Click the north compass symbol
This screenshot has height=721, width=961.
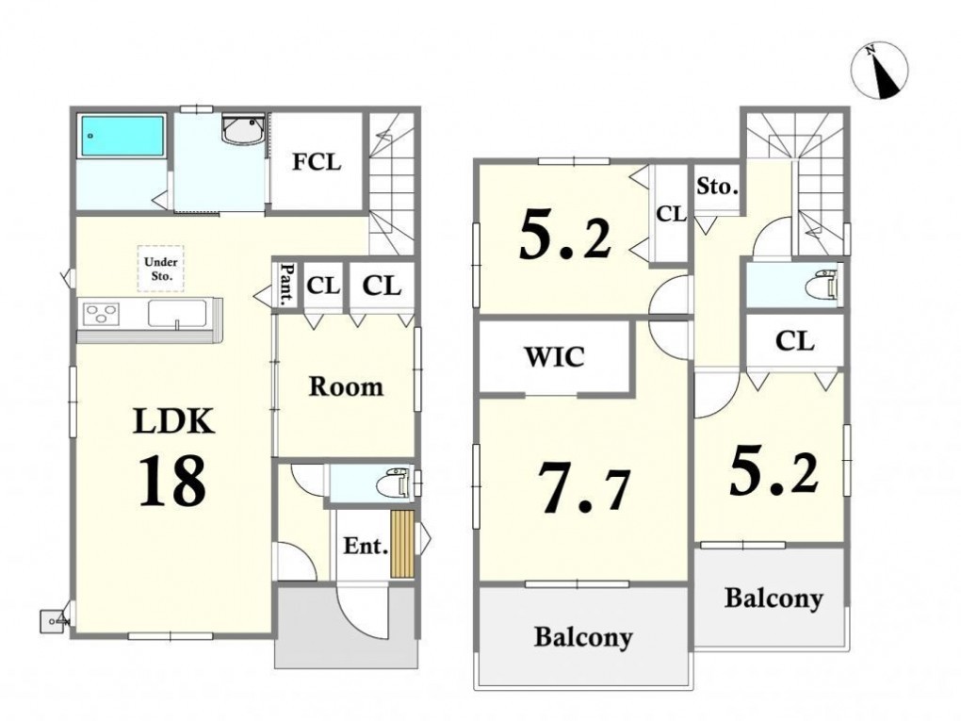pyautogui.click(x=879, y=71)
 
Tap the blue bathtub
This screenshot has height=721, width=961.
pyautogui.click(x=122, y=136)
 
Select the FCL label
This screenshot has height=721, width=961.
pyautogui.click(x=317, y=162)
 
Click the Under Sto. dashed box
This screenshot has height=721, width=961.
pyautogui.click(x=160, y=269)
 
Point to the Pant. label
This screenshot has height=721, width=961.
pyautogui.click(x=286, y=285)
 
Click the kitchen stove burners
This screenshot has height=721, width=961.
pyautogui.click(x=101, y=315)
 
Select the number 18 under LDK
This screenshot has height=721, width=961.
pyautogui.click(x=172, y=482)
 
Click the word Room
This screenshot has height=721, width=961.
pyautogui.click(x=347, y=386)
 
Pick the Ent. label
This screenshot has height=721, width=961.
pyautogui.click(x=366, y=546)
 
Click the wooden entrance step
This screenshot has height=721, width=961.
pyautogui.click(x=402, y=543)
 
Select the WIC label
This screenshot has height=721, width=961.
pyautogui.click(x=554, y=356)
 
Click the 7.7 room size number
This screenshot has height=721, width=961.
pyautogui.click(x=583, y=487)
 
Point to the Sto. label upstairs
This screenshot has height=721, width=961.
pyautogui.click(x=716, y=186)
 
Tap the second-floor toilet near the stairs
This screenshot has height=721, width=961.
pyautogui.click(x=821, y=285)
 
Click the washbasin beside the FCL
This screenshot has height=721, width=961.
pyautogui.click(x=243, y=129)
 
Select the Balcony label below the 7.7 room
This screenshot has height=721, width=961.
pyautogui.click(x=583, y=638)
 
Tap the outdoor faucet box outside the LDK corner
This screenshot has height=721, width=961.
pyautogui.click(x=53, y=620)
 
